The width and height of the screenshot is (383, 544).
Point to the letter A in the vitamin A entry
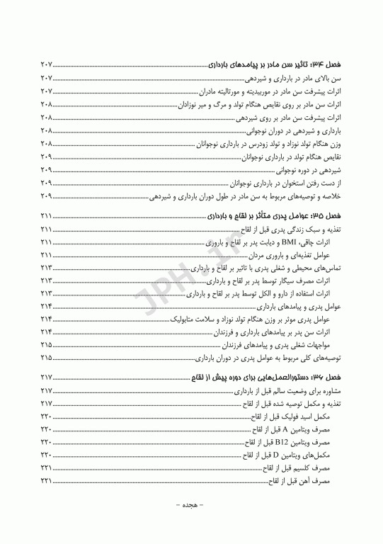[x=285, y=430]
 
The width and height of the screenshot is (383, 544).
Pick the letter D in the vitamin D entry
[x=276, y=455]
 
